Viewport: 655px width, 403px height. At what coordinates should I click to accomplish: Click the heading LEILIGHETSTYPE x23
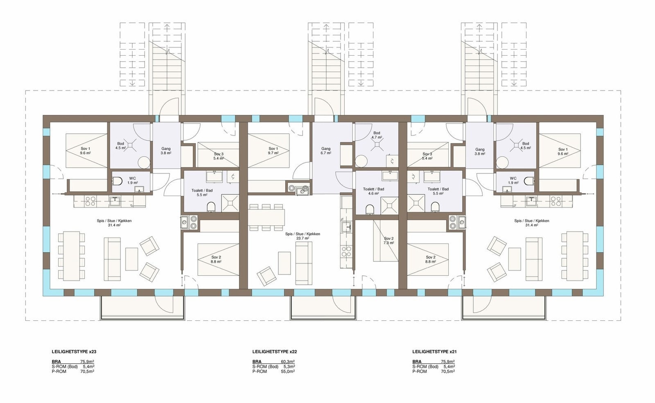click(74, 351)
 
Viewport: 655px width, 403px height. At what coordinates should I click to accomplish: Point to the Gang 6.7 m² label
click(326, 151)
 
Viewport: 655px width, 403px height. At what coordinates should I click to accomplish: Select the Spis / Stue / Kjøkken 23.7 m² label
click(303, 236)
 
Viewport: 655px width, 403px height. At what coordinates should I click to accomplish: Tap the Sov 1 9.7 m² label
click(273, 151)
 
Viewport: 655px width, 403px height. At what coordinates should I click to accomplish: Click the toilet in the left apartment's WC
click(117, 180)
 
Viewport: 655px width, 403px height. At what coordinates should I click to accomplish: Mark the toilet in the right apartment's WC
click(530, 180)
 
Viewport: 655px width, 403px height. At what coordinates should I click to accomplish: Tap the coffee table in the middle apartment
click(285, 263)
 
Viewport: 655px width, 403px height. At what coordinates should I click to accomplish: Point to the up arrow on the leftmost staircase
click(167, 27)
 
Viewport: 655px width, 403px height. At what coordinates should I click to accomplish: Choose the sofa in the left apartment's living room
click(112, 259)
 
